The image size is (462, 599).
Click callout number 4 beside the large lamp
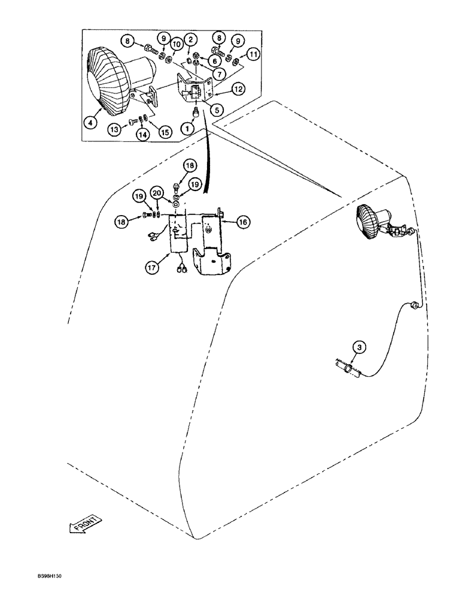[x=90, y=123]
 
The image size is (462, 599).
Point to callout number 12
[x=238, y=89]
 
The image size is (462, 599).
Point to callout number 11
[x=254, y=56]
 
